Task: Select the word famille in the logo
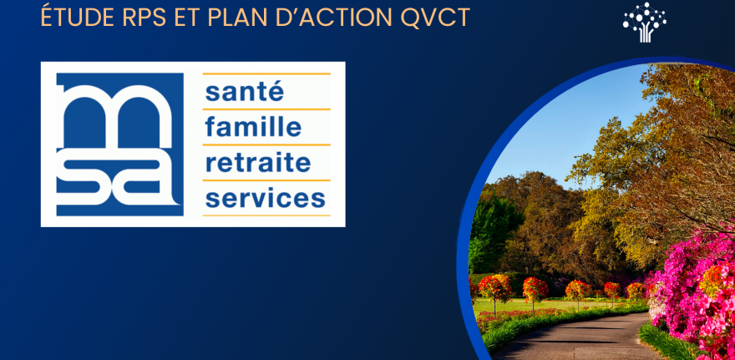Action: pyautogui.click(x=252, y=127)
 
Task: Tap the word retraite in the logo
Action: pyautogui.click(x=257, y=162)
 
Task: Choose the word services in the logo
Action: pyautogui.click(x=265, y=198)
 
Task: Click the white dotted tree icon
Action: pyautogui.click(x=645, y=22)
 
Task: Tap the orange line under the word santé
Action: pyautogui.click(x=266, y=109)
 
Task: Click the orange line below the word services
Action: pyautogui.click(x=266, y=215)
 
